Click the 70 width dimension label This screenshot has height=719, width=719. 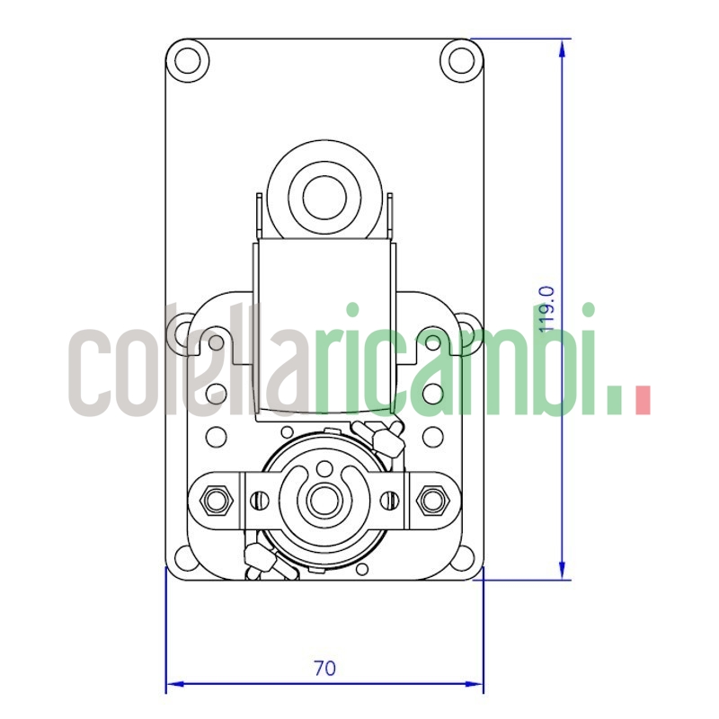[x=324, y=668]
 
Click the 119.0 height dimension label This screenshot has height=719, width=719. [x=545, y=309]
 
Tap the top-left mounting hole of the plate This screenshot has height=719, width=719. [x=189, y=60]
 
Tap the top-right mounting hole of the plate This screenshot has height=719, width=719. [x=461, y=60]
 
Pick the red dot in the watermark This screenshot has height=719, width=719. [x=642, y=401]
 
